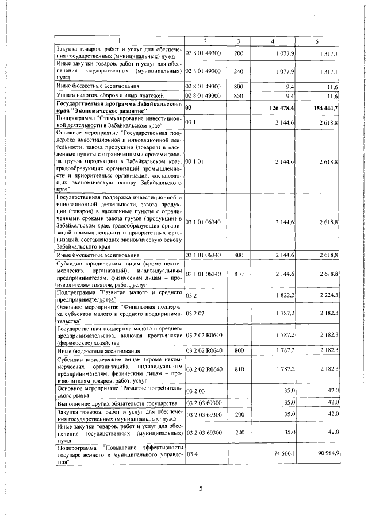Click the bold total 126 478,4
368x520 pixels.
278,107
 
